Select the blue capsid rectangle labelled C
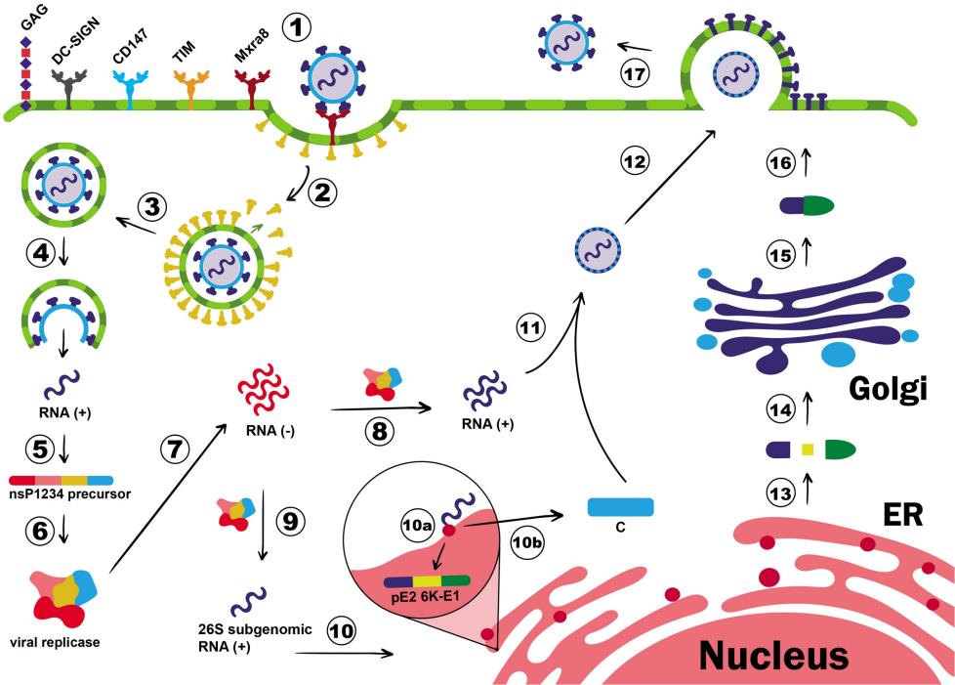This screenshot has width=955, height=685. [620, 507]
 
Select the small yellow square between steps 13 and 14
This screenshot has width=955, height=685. [808, 450]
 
